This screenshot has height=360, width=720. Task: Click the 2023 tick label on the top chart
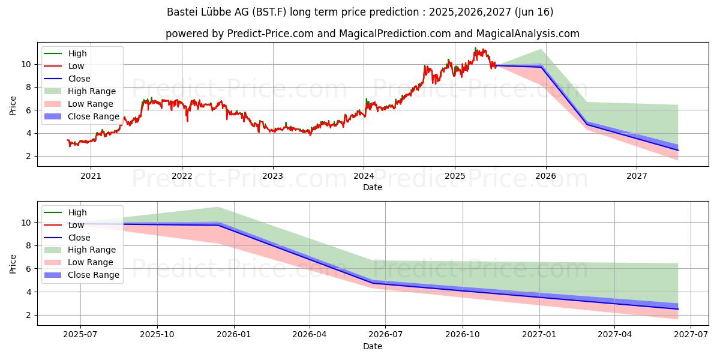coord(272,176)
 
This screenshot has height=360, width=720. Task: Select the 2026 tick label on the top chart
coord(545,176)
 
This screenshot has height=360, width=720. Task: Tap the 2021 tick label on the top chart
coord(91,176)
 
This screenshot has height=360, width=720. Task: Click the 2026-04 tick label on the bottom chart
coord(310,335)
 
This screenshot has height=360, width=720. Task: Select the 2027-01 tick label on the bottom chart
coord(539,335)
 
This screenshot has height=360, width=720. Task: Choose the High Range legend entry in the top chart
coord(92,91)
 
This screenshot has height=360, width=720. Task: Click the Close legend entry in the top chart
coord(79,79)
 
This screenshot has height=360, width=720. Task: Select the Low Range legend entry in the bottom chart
coord(90,262)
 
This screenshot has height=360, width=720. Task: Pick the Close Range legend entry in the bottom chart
coord(94,275)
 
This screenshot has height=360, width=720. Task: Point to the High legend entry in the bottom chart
coord(77,212)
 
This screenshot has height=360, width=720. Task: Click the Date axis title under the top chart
coord(373,187)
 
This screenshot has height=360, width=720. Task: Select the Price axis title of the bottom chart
coord(13,263)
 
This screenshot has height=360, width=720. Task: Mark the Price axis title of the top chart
coord(13,104)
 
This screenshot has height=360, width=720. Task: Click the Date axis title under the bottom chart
coord(373,346)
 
